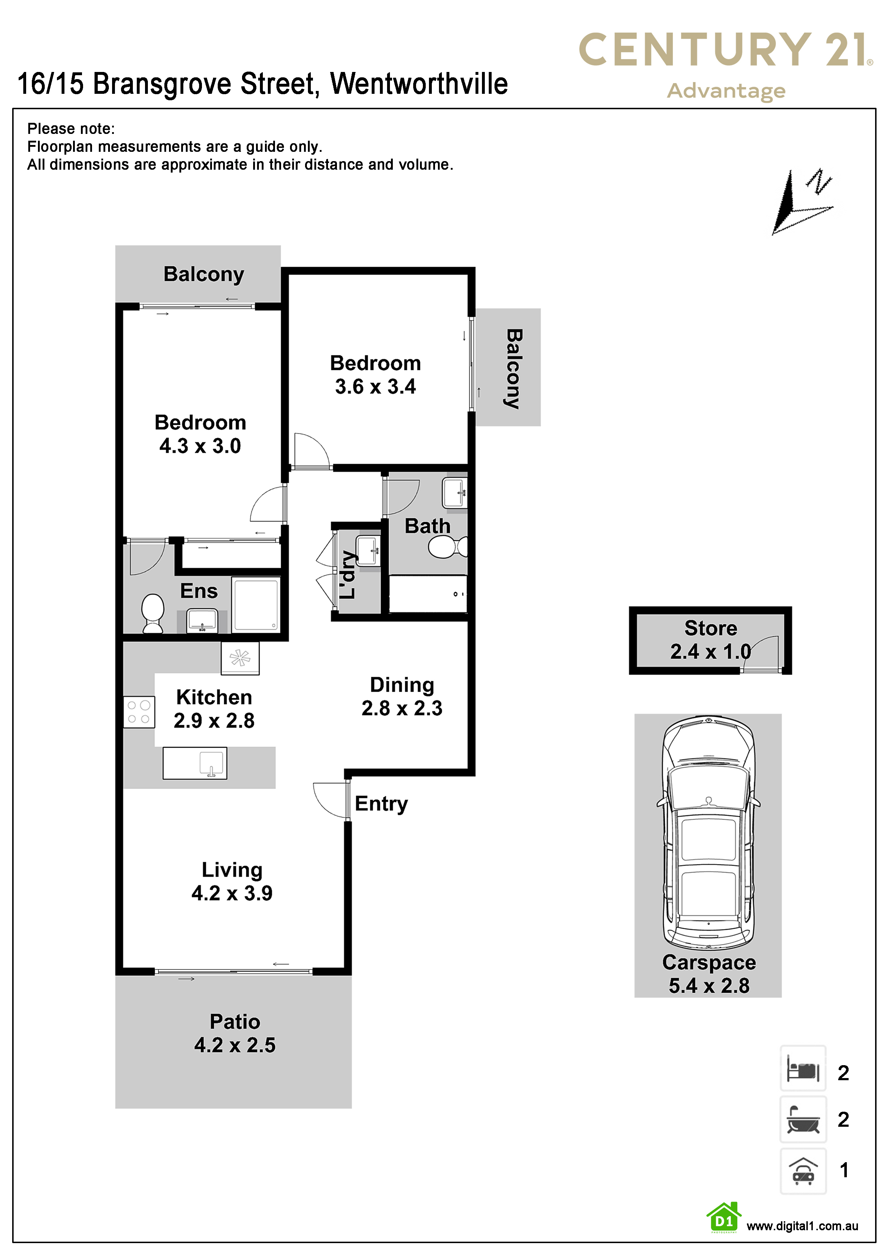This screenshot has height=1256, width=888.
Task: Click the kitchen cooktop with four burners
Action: pos(139,712)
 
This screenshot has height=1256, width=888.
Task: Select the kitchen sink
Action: pos(195,763)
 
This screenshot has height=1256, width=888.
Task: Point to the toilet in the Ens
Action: pos(153,613)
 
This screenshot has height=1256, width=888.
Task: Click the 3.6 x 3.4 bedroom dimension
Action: pos(375,387)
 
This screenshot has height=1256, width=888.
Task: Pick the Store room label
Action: pos(711,628)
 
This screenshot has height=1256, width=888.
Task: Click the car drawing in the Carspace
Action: pos(709,832)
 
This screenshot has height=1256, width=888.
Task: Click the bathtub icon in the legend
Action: pos(803,1119)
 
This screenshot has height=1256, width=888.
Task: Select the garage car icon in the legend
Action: pos(803,1171)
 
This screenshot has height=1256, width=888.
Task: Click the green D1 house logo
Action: pos(724,1218)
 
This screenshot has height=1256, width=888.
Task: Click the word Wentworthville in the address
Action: pos(419,84)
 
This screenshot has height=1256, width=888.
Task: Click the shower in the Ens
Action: pos(256,605)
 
